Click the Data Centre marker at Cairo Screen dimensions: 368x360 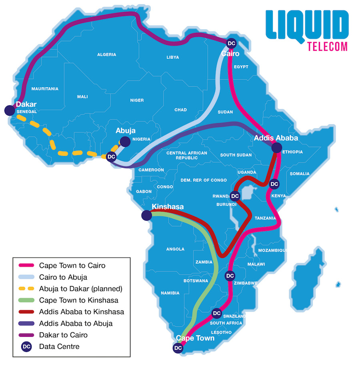pos(231,43)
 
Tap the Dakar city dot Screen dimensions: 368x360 pos(9,110)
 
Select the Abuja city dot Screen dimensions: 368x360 pos(125,141)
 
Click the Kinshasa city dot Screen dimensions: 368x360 pos(146,216)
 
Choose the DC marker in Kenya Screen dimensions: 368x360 pos(274,184)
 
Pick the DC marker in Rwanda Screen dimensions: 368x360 pos(235,196)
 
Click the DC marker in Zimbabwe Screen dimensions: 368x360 pos(230,276)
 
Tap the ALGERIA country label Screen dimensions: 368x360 pos(107,54)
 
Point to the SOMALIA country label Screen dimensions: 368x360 pos(300,174)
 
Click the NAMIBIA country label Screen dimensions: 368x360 pos(170,293)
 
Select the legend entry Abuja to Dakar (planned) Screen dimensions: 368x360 pos(80,288)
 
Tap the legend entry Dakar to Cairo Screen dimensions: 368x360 pos(63,334)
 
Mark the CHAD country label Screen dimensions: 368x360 pos(180,110)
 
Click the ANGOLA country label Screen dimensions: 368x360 pos(175,249)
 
